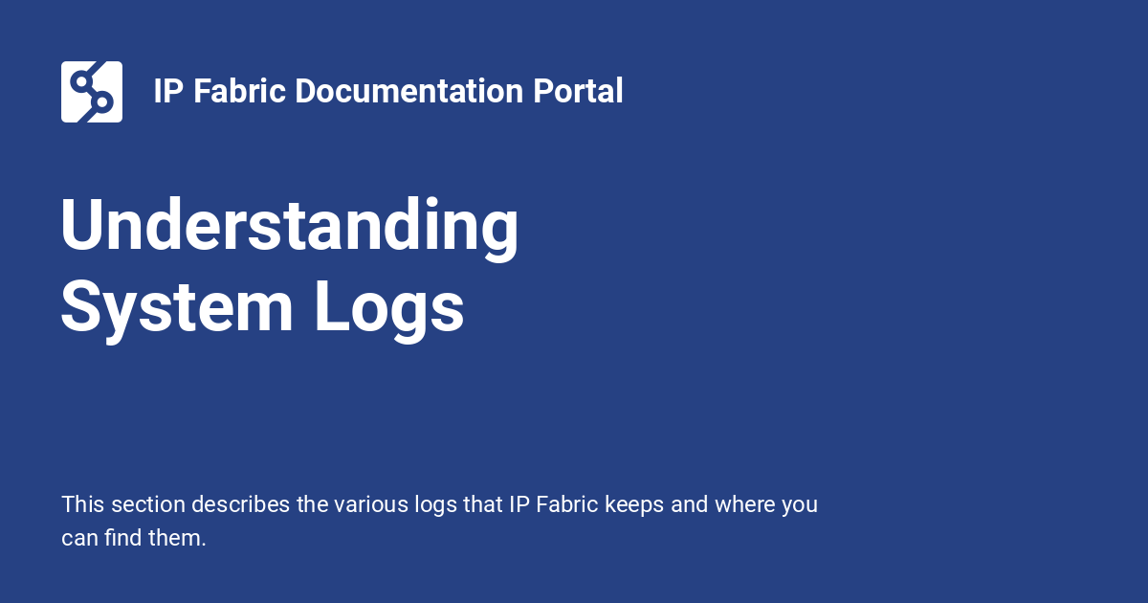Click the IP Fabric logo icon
click(92, 92)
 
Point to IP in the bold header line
click(168, 92)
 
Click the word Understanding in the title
click(290, 227)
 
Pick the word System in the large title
click(177, 307)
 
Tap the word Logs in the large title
click(389, 307)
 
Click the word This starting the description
click(83, 504)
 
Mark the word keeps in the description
click(635, 504)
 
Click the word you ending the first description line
click(799, 504)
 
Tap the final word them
click(179, 538)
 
